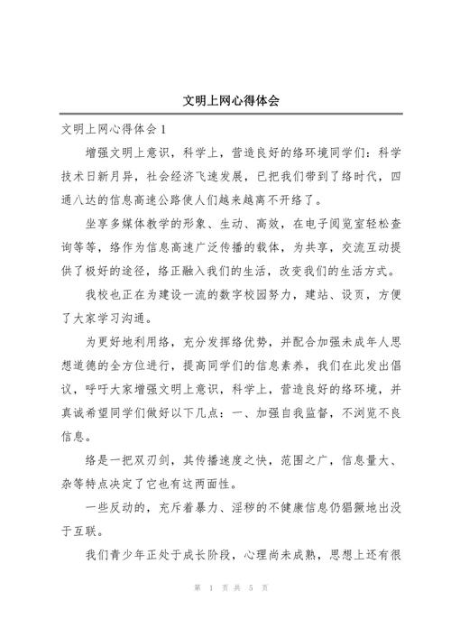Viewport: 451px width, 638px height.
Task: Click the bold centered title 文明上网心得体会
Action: coord(225,100)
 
